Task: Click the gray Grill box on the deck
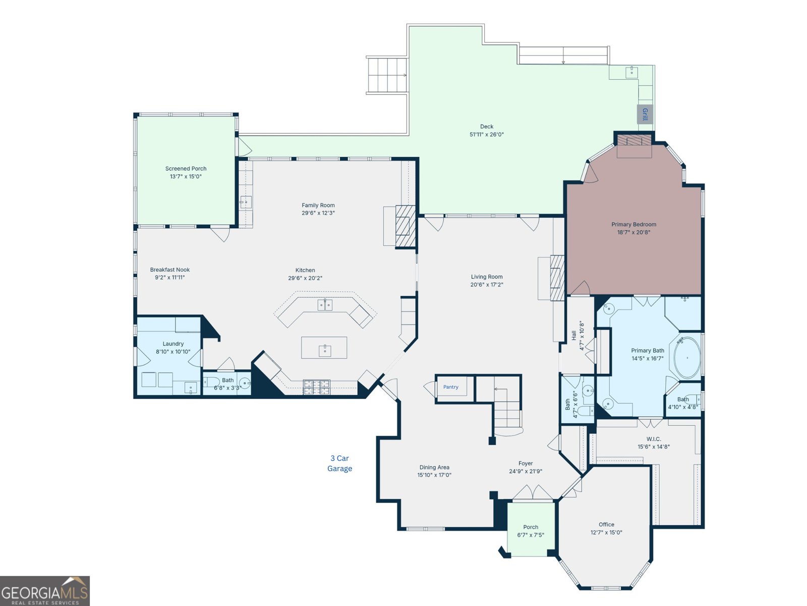coord(645,114)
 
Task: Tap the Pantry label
coord(451,387)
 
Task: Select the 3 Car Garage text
coord(340,463)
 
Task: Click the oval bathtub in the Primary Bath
coord(687,358)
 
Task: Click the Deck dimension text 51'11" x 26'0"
coord(486,134)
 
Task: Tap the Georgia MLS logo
coord(45,591)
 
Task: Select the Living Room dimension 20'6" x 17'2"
coord(486,284)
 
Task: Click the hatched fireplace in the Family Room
coord(406,226)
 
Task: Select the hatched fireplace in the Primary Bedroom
coord(634,140)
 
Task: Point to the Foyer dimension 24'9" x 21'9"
coord(526,471)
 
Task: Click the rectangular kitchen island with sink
coord(324,347)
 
